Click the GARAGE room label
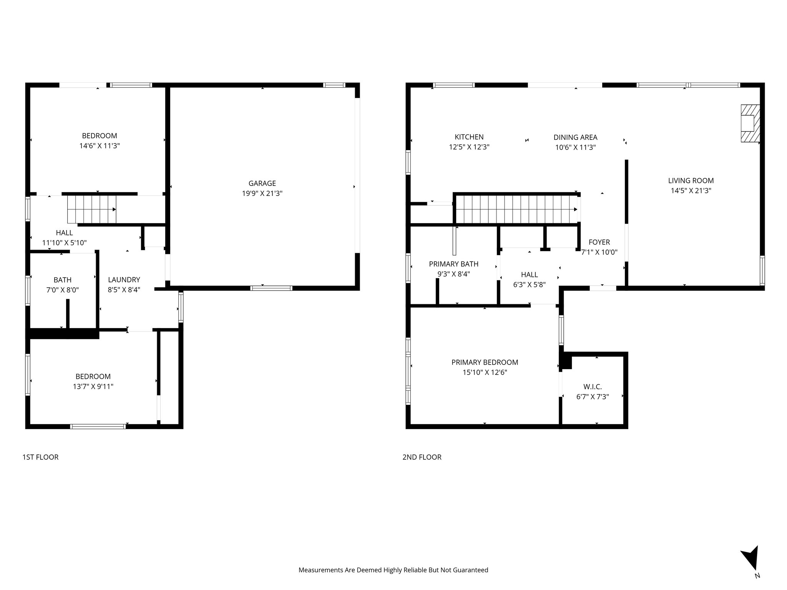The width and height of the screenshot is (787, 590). click(262, 183)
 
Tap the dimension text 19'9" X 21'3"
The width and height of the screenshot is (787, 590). click(262, 194)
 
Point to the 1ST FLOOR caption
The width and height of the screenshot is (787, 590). click(40, 457)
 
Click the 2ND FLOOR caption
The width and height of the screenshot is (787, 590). click(422, 457)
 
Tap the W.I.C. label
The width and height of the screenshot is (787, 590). click(592, 387)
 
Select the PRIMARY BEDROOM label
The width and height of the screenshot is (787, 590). click(485, 362)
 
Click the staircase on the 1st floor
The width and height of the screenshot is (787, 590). click(92, 209)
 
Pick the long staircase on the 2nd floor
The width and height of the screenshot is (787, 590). click(516, 209)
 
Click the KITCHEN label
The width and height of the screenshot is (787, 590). click(469, 137)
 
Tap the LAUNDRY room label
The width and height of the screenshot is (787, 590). click(124, 280)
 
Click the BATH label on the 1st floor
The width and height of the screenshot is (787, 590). click(62, 280)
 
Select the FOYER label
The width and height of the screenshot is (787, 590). click(599, 242)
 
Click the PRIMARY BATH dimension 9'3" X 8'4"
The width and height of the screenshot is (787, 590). click(453, 274)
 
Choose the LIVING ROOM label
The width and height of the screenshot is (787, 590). click(691, 181)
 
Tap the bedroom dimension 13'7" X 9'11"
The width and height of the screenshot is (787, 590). click(93, 387)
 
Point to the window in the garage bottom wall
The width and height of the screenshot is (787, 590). click(271, 288)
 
